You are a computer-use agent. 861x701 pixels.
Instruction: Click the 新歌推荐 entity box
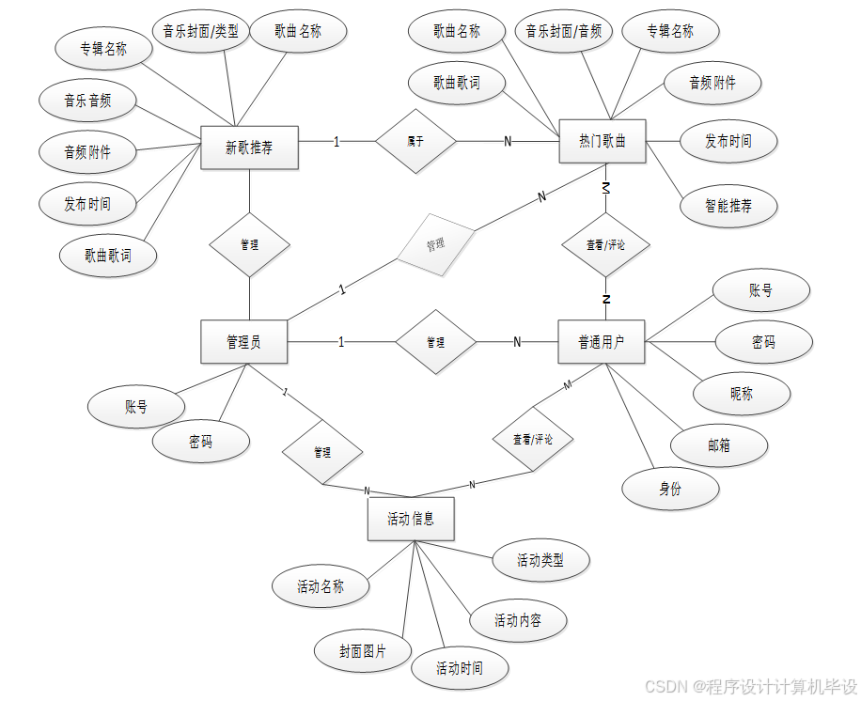pos(249,148)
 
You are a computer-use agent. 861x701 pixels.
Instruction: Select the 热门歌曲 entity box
pos(603,142)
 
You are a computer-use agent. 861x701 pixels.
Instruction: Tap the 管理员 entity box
pos(244,342)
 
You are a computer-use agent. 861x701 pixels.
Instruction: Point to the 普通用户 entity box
pos(602,342)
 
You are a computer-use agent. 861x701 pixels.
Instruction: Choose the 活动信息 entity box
pos(411,519)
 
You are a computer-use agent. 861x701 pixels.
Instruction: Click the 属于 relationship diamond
pos(415,142)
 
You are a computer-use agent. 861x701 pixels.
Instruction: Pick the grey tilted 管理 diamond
pos(436,243)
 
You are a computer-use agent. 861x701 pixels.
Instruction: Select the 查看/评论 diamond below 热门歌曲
pos(606,244)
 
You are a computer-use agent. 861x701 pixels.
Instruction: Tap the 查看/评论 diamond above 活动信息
pos(533,439)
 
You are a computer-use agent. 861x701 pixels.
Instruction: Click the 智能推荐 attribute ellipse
pos(728,205)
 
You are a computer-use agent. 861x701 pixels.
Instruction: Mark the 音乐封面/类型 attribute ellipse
pos(200,31)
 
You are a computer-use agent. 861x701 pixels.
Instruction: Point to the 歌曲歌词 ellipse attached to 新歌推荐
pos(108,255)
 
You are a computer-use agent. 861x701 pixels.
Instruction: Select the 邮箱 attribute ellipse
pos(719,445)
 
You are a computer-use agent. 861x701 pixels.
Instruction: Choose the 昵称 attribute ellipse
pos(742,394)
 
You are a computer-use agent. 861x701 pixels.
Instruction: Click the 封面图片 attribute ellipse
pos(363,650)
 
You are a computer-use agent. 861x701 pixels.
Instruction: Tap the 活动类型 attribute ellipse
pos(540,561)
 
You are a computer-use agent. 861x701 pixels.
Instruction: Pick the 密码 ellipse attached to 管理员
pos(200,442)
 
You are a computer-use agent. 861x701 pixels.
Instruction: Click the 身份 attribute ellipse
pos(670,489)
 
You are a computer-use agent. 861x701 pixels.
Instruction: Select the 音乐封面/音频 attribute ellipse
pos(564,31)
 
